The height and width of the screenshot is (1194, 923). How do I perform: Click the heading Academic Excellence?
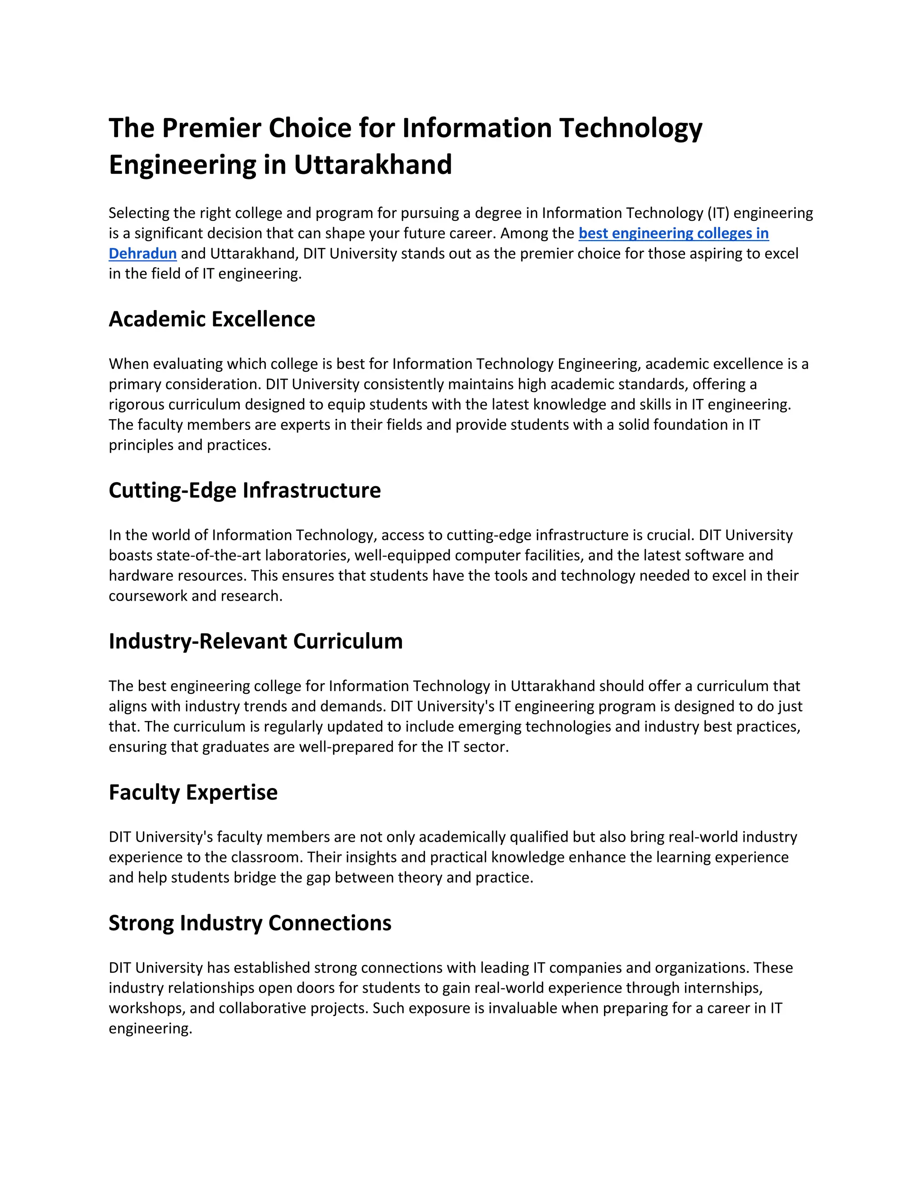click(x=212, y=319)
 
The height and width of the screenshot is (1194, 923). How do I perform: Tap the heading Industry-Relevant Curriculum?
click(x=256, y=641)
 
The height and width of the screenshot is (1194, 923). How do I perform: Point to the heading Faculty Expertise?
click(x=193, y=792)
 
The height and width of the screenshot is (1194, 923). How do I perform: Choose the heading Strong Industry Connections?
click(x=250, y=923)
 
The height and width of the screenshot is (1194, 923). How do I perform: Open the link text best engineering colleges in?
click(x=673, y=233)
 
